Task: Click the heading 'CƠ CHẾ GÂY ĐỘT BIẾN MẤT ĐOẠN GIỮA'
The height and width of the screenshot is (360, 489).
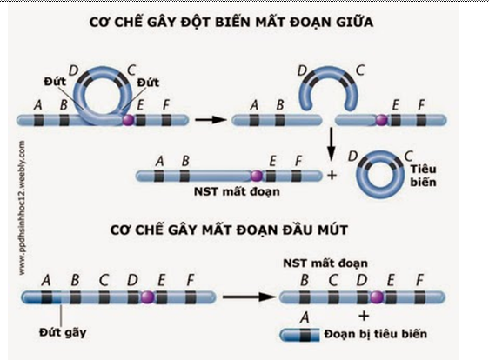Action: pyautogui.click(x=244, y=23)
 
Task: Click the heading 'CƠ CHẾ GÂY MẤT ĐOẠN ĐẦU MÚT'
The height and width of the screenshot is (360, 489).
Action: pyautogui.click(x=244, y=233)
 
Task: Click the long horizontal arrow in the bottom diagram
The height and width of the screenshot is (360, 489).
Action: pyautogui.click(x=233, y=298)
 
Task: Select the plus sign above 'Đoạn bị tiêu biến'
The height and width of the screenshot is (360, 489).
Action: pyautogui.click(x=364, y=315)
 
